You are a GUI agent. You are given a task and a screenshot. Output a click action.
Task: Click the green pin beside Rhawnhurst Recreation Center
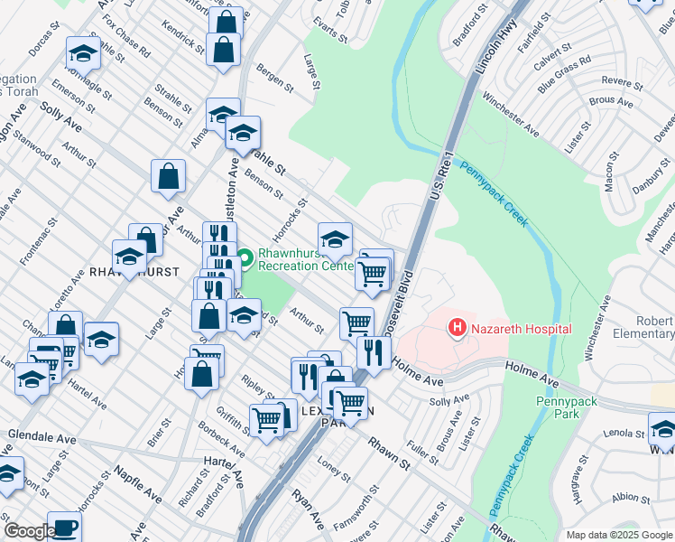[x=244, y=259]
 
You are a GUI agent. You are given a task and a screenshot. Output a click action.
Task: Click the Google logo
[x=29, y=531]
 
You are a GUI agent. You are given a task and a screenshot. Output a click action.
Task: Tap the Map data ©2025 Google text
[x=617, y=535]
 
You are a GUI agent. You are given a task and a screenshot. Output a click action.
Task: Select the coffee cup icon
[x=64, y=528]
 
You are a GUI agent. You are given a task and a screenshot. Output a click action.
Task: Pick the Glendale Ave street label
[x=42, y=436]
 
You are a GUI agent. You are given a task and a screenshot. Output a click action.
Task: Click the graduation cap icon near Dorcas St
[x=83, y=55]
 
